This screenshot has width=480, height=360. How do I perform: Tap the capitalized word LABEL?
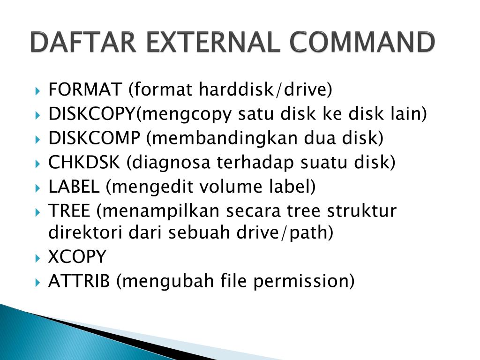coord(74,187)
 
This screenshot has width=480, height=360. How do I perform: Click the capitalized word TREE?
coord(69,211)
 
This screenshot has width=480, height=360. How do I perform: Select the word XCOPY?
coord(77,257)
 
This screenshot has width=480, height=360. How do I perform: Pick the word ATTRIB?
coord(79,281)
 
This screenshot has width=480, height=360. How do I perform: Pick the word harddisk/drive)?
coord(264,89)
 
